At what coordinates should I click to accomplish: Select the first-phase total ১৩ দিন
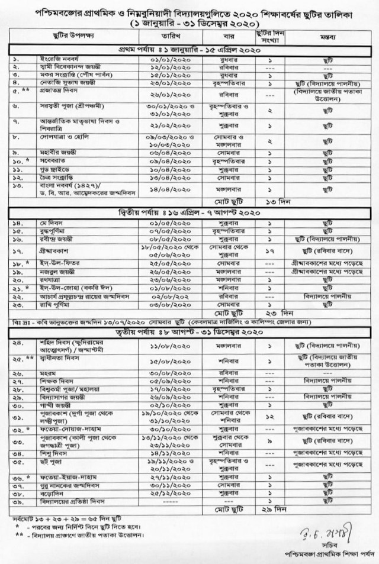[269, 202]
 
